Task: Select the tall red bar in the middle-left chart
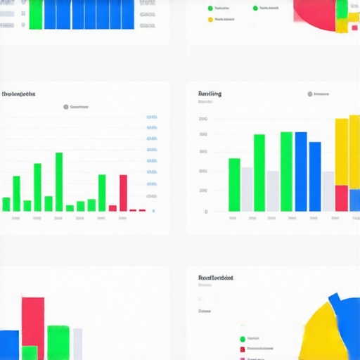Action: (x=123, y=192)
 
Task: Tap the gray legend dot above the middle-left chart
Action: (x=66, y=107)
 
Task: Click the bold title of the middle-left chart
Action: (x=19, y=94)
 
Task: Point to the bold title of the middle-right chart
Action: (x=210, y=94)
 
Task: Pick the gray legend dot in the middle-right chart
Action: (x=309, y=94)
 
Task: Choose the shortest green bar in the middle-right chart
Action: (x=234, y=184)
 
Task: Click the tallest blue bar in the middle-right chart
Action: (x=301, y=172)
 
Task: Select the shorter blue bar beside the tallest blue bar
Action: (x=315, y=176)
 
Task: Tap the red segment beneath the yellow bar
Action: (x=341, y=198)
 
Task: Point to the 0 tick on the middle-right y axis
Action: (x=206, y=211)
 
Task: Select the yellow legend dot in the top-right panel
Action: (x=210, y=19)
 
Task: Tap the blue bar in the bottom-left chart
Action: (x=8, y=345)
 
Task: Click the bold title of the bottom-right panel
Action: (x=216, y=278)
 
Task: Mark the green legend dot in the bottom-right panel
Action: (x=243, y=339)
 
